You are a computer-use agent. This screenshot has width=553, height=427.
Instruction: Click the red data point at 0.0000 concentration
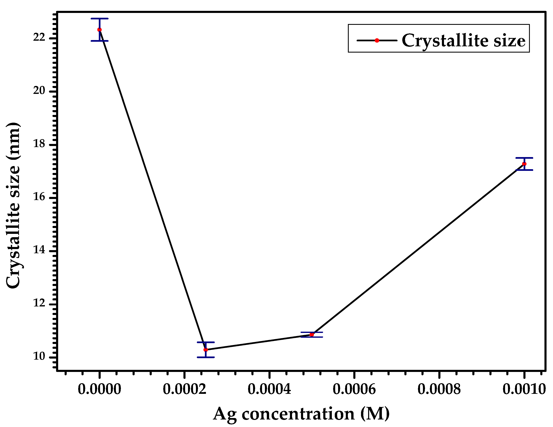99,30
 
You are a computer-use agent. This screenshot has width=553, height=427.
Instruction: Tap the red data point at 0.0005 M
312,335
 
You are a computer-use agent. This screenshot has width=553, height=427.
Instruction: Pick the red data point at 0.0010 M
524,164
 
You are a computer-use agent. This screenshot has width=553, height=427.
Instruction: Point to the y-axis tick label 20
39,91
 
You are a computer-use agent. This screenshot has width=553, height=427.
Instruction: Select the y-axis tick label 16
39,197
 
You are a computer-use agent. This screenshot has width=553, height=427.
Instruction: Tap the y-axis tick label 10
39,356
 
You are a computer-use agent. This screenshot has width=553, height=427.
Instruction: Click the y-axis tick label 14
39,250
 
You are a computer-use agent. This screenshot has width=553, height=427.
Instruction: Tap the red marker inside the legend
377,40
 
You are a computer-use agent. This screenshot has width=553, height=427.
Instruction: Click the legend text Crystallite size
463,40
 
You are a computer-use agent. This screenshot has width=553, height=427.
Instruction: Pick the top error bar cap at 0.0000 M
99,19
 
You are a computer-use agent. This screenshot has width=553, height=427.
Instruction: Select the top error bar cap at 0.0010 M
524,158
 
